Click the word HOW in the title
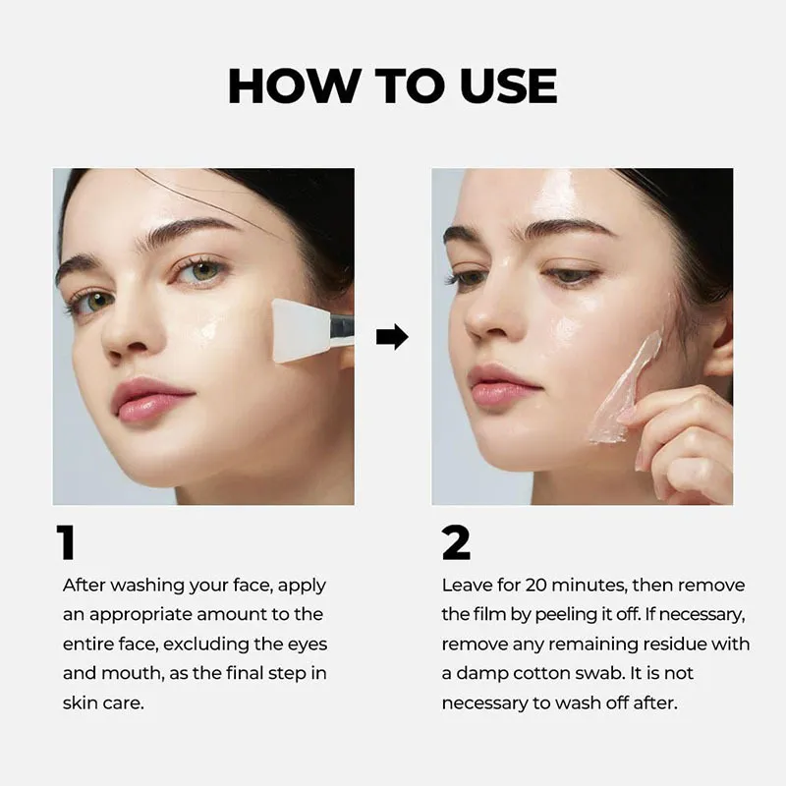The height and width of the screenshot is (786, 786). pos(294,85)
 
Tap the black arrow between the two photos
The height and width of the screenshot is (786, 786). pos(392,336)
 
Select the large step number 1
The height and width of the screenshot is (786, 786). pos(66,542)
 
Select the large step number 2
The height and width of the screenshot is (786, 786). pos(456,542)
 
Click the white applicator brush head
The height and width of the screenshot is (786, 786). pos(301,330)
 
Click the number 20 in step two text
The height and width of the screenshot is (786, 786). pos(537,585)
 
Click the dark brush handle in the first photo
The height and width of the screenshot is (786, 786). pos(341,329)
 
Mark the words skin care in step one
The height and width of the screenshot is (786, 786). pos(103,702)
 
